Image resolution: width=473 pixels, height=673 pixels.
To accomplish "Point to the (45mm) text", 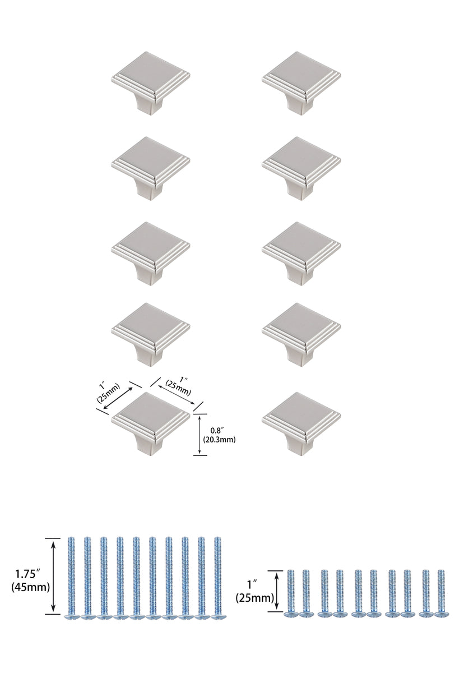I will tap(30, 588).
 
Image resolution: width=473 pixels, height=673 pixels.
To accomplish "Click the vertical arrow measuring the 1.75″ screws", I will tap(53, 576).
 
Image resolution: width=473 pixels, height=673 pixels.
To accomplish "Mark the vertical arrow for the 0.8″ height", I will tap(200, 435).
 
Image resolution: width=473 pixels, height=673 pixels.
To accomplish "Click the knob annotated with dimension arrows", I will tap(151, 421).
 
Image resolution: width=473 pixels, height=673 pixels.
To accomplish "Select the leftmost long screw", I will tap(71, 578).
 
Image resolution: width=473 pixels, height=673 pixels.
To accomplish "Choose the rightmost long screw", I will tap(217, 578).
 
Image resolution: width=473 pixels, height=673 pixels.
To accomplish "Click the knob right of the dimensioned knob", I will tap(301, 421).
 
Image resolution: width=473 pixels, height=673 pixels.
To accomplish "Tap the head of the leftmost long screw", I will tap(71, 616).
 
